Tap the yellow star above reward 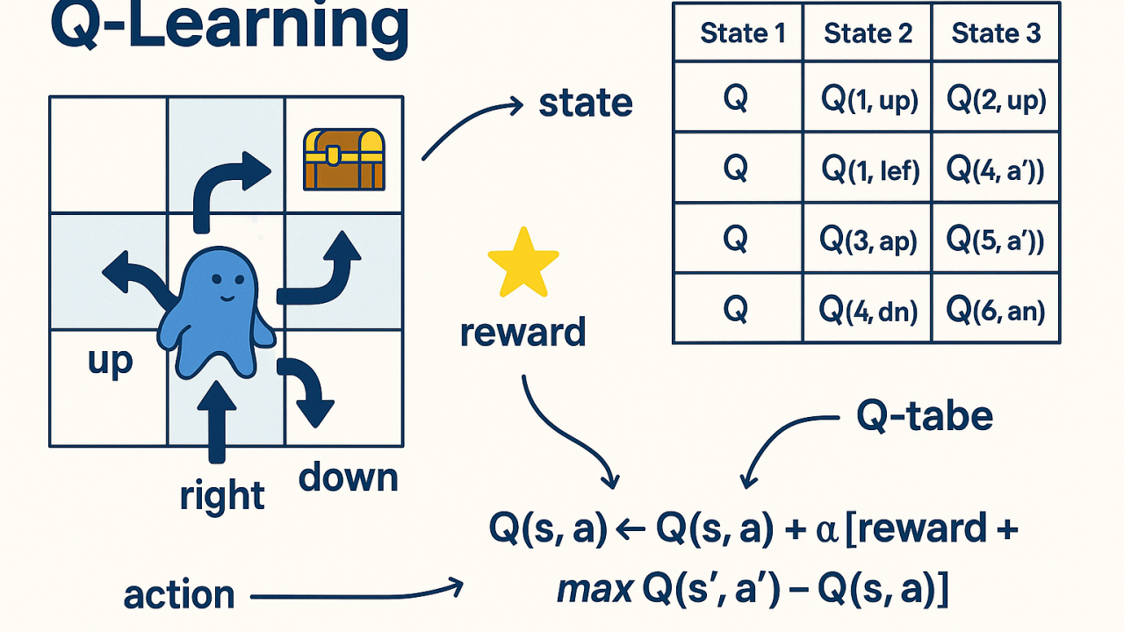[x=523, y=262]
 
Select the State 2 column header [x=868, y=33]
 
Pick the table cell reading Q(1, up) [x=868, y=100]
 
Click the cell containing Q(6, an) [x=997, y=309]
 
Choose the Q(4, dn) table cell [x=868, y=309]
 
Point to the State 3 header [x=997, y=33]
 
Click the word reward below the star [x=522, y=333]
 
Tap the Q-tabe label [x=925, y=417]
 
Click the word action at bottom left [x=179, y=595]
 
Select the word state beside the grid [x=585, y=104]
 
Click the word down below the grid [x=348, y=478]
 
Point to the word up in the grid [x=110, y=361]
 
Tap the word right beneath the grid [x=222, y=496]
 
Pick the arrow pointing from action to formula [x=356, y=597]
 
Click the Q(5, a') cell [x=997, y=240]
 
